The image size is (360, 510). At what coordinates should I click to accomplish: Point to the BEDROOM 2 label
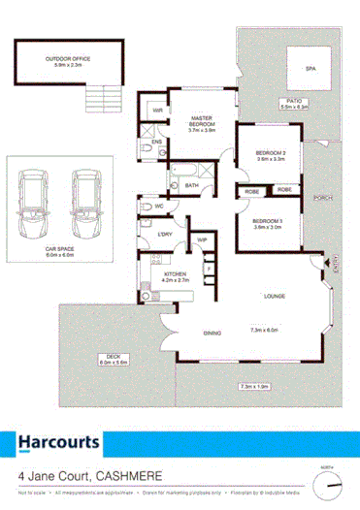[x=269, y=154]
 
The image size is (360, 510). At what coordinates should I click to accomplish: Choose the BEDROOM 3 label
[x=268, y=223]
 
